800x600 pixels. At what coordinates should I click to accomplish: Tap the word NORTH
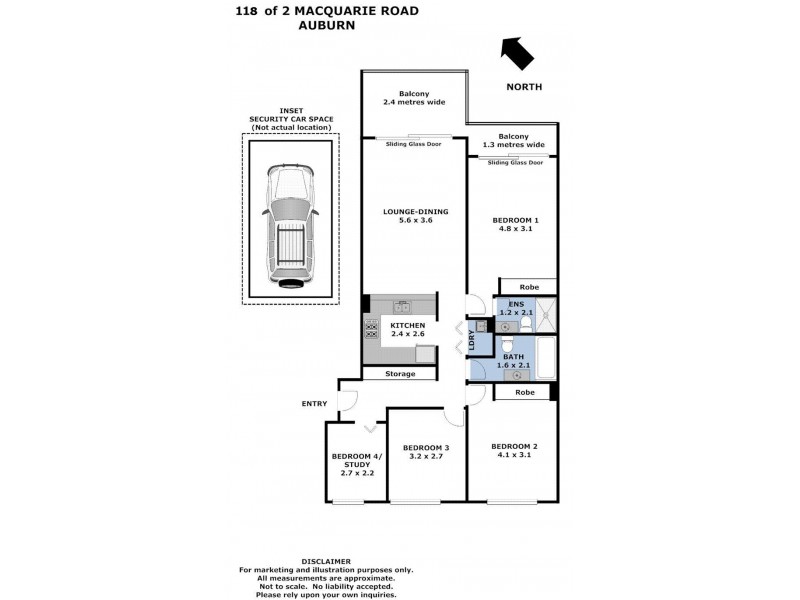(x=524, y=87)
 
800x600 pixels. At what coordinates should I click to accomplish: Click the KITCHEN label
(x=407, y=326)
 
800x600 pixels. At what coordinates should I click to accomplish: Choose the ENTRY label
(x=314, y=404)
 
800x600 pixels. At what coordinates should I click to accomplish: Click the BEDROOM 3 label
(x=426, y=447)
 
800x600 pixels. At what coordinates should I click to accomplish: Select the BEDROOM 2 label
(x=515, y=446)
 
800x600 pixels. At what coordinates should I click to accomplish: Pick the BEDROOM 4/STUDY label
(x=356, y=461)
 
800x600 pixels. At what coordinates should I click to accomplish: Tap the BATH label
(x=514, y=357)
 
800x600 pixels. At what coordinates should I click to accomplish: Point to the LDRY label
(x=486, y=340)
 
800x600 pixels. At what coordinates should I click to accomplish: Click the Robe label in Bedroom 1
(x=529, y=287)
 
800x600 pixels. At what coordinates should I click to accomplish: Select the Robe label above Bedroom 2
(x=525, y=392)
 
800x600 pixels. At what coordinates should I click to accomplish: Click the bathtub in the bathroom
(x=546, y=357)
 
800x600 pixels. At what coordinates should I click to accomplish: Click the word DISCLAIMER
(x=326, y=562)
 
